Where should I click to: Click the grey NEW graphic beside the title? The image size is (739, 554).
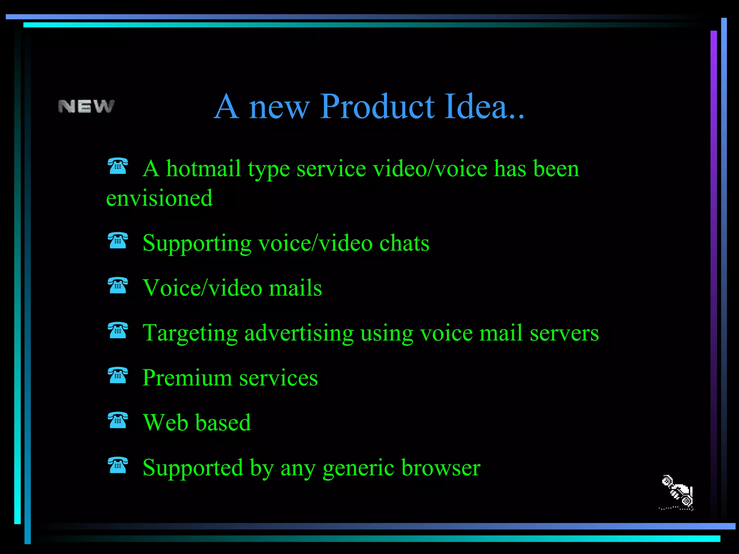pos(86,106)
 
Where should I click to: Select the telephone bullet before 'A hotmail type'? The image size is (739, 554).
pos(118,166)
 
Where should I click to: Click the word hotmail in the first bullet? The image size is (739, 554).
pos(203,168)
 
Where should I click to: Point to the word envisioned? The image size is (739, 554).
pos(159,198)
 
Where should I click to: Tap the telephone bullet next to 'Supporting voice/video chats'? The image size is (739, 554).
pos(118,241)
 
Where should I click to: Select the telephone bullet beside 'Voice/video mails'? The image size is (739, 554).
pos(118,285)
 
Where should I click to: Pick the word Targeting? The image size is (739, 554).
pos(190,333)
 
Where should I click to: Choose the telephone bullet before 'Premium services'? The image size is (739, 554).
pos(118,375)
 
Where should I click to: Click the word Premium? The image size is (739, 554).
pos(187,378)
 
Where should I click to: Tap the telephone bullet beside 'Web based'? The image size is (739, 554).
pos(118,420)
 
